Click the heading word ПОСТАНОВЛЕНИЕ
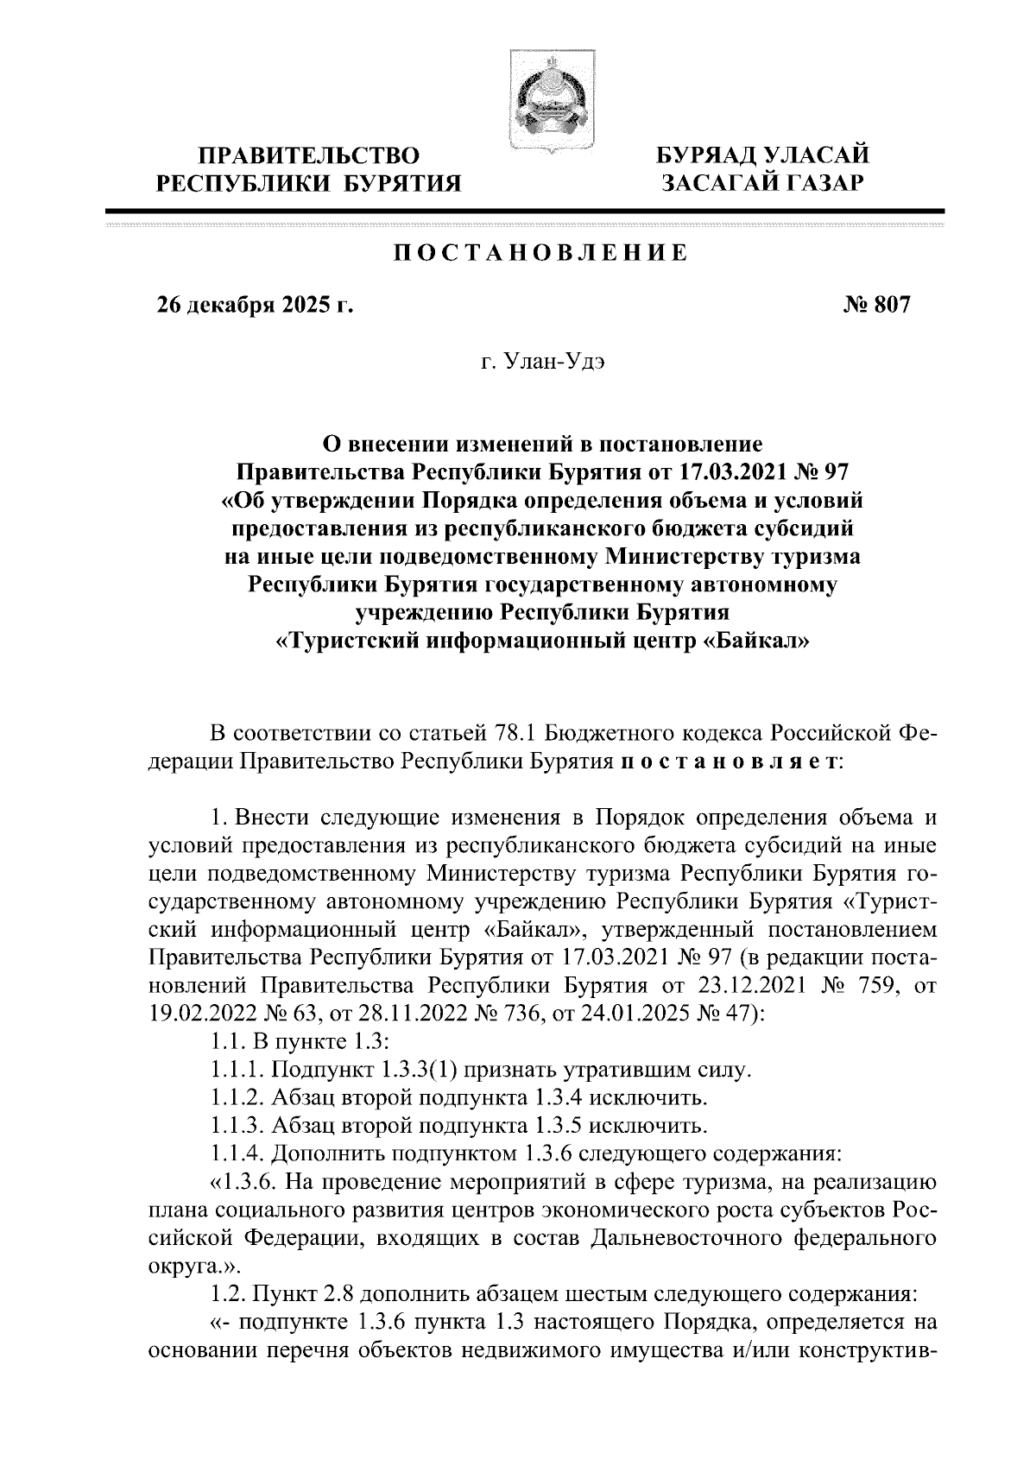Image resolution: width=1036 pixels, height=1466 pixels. click(x=540, y=254)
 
